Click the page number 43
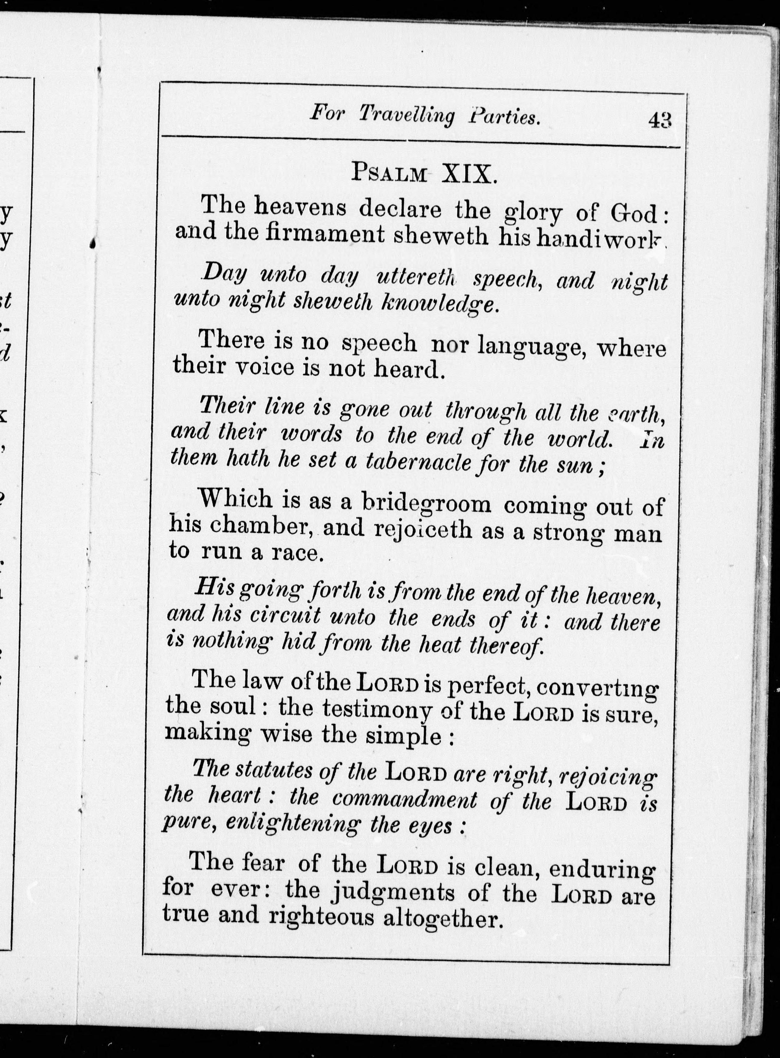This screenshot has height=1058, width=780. [x=660, y=120]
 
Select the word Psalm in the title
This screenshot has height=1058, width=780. [x=388, y=174]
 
